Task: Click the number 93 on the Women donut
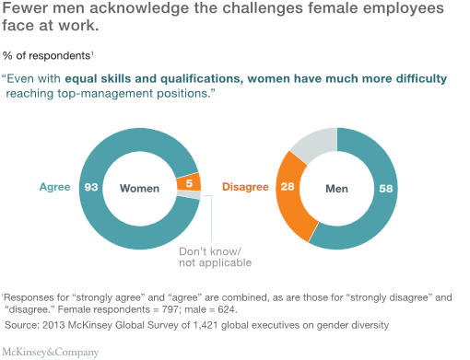point(91,188)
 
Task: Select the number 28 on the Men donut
point(287,188)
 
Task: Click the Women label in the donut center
point(139,188)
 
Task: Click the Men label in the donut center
point(336,188)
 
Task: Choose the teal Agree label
point(54,188)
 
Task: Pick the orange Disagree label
point(245,188)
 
